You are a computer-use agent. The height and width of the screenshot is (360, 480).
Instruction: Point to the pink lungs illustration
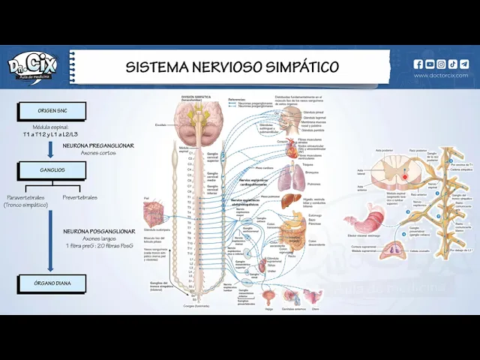288,177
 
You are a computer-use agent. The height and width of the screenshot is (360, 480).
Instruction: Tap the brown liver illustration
292,201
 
